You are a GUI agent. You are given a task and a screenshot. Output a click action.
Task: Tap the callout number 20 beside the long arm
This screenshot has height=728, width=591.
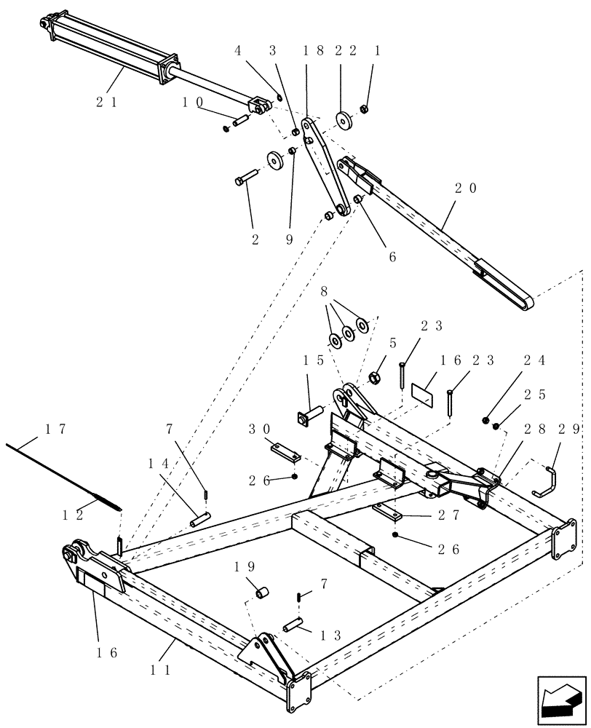tap(466, 188)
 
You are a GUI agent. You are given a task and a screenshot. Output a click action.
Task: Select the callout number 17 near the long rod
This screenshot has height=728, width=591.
tap(57, 430)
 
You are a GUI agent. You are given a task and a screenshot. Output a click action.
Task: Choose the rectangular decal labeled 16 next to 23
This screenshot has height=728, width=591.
tap(422, 390)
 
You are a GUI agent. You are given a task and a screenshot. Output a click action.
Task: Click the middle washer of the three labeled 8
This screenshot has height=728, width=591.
tap(348, 332)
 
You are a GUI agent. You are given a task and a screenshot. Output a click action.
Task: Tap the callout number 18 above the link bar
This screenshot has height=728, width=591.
tap(306, 51)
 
